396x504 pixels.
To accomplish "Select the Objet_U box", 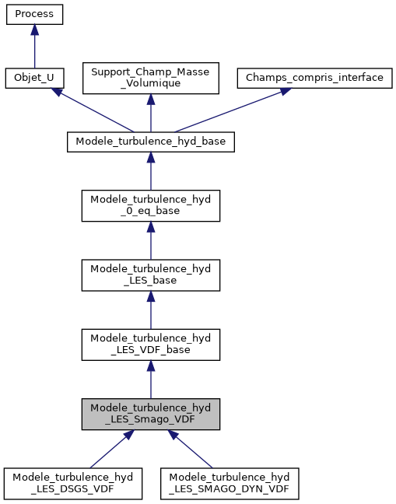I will point(33,79).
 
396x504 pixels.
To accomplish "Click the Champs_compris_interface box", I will point(314,79).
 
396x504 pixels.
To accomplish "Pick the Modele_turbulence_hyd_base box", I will point(150,142).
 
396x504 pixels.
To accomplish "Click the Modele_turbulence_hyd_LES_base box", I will point(150,275).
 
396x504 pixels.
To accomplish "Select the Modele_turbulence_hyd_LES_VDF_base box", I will point(150,344).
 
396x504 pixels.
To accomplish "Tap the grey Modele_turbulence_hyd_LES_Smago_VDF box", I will point(150,413).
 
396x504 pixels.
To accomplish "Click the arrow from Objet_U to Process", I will point(33,47).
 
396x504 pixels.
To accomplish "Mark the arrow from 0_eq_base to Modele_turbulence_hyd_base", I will point(150,171).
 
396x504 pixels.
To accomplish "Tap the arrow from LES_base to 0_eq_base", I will point(150,240).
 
